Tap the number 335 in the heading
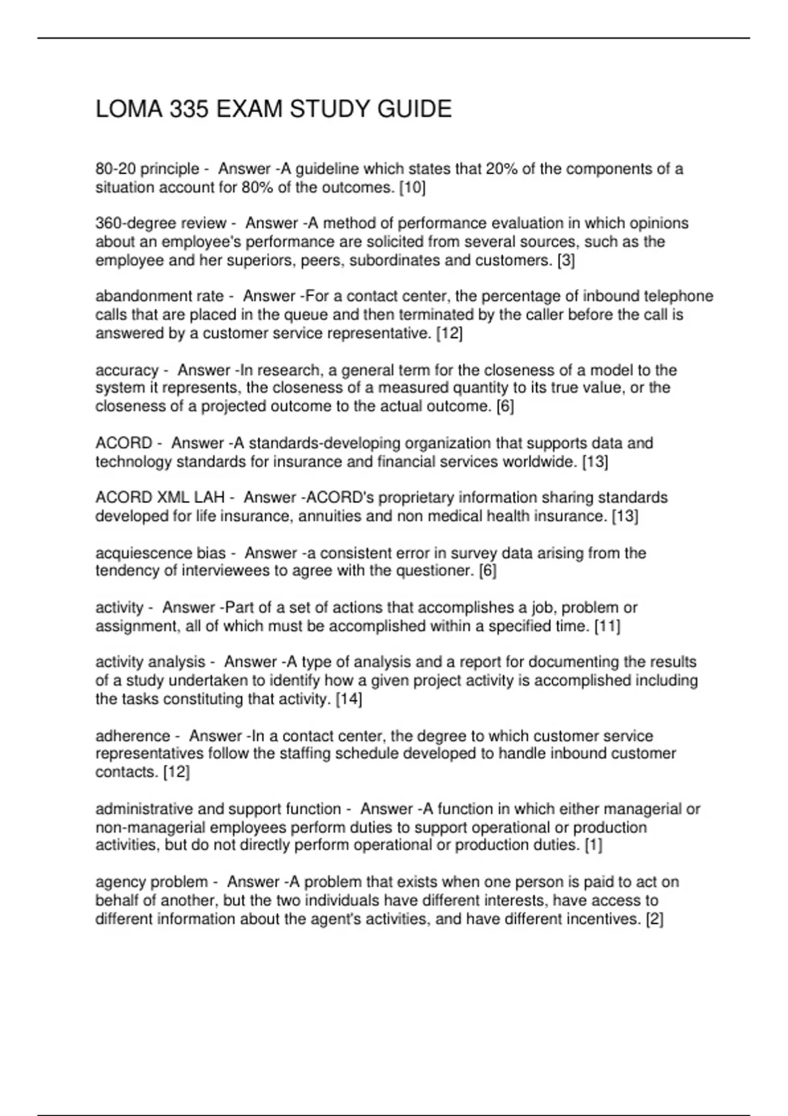[189, 109]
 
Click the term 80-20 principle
[147, 169]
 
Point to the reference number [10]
[412, 188]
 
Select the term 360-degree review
[161, 223]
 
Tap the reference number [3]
[565, 261]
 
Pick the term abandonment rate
[160, 296]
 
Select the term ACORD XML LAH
[160, 498]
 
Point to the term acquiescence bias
[160, 553]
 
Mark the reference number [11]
[607, 626]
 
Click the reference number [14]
[349, 699]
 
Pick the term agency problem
[151, 882]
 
